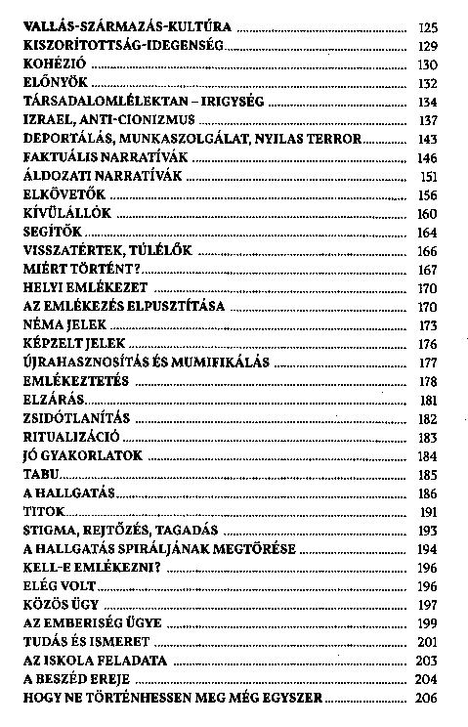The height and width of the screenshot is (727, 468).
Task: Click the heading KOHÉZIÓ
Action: pos(50,64)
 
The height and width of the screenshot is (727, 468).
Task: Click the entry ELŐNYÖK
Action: pos(50,82)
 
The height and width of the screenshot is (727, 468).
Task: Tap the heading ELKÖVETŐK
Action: pos(59,193)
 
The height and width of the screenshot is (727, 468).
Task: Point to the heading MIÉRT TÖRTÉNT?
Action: pos(80,268)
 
